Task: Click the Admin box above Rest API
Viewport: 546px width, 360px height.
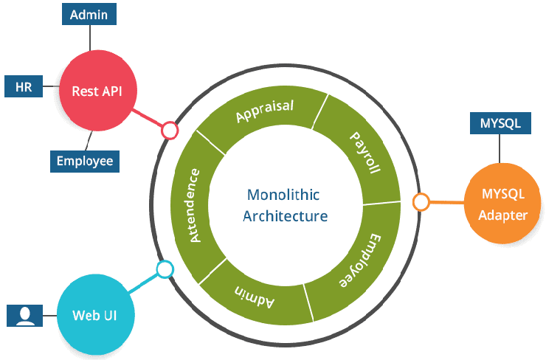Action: [x=88, y=14]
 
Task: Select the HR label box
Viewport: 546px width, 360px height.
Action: [x=23, y=87]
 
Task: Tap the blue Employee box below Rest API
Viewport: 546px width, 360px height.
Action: [x=84, y=160]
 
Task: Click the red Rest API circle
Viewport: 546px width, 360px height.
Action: [x=96, y=91]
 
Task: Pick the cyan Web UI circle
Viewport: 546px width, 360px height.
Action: [x=94, y=315]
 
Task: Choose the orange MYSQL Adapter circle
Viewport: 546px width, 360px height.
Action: [x=503, y=205]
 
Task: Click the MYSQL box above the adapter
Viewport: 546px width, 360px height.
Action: [x=500, y=123]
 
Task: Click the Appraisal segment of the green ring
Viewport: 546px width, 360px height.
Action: [x=263, y=111]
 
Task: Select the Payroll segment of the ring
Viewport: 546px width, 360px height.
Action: [x=364, y=153]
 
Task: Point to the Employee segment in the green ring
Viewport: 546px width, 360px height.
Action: [x=356, y=262]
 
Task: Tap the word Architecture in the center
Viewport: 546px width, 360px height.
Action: [x=285, y=216]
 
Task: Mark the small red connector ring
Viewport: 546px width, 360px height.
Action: [x=170, y=131]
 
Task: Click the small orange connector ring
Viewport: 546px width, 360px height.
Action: [x=421, y=201]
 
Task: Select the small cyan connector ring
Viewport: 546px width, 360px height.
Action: [x=165, y=269]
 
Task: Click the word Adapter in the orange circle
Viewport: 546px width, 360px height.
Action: [x=503, y=215]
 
